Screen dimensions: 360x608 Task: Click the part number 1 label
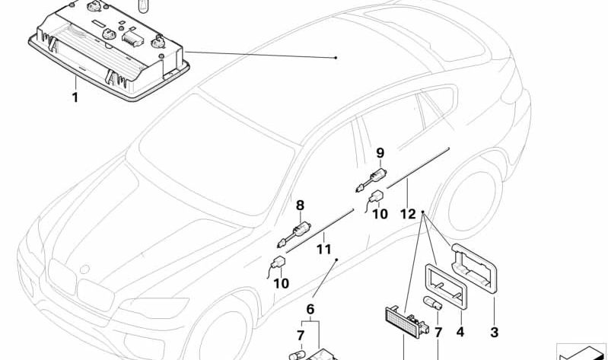tap(75, 97)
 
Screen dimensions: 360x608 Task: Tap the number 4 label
tap(460, 332)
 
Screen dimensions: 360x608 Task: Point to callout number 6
tap(310, 309)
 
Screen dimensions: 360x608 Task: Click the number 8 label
tap(300, 205)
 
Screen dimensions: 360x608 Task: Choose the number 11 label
tap(323, 248)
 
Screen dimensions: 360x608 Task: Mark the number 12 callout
tap(408, 215)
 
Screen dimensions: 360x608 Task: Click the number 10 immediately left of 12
tap(380, 215)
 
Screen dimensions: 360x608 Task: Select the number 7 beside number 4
tap(438, 332)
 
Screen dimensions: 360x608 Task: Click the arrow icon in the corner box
tap(582, 352)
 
